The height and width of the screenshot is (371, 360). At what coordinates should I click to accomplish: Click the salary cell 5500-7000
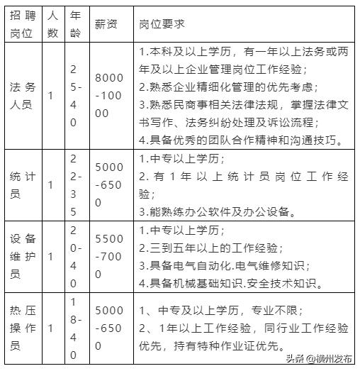pyautogui.click(x=109, y=256)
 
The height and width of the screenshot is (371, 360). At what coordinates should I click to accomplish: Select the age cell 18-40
pyautogui.click(x=75, y=328)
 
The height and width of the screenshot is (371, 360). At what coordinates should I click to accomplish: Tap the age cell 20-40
pyautogui.click(x=75, y=256)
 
